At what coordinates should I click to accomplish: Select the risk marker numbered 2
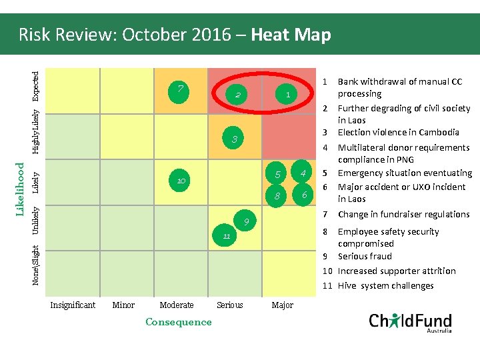[x=237, y=95]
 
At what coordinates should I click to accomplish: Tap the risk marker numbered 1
[x=287, y=95]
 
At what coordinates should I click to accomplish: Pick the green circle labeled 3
[x=234, y=139]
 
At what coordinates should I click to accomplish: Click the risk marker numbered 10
[x=181, y=181]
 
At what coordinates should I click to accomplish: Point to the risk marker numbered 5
[x=277, y=175]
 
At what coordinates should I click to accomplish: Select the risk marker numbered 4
[x=302, y=174]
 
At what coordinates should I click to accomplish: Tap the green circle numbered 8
[x=277, y=196]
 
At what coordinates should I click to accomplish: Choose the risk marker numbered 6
[x=303, y=195]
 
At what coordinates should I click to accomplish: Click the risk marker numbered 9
[x=246, y=221]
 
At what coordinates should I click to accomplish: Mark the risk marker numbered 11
[x=227, y=236]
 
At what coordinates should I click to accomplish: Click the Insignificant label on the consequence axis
[x=73, y=305]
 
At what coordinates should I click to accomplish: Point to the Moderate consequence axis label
[x=177, y=305]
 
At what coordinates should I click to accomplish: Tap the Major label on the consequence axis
[x=283, y=305]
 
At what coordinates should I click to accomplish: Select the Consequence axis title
[x=178, y=322]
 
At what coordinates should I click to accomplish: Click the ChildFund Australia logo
[x=410, y=322]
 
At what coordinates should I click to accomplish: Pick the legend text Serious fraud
[x=365, y=257]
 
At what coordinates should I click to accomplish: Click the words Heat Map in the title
[x=291, y=35]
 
